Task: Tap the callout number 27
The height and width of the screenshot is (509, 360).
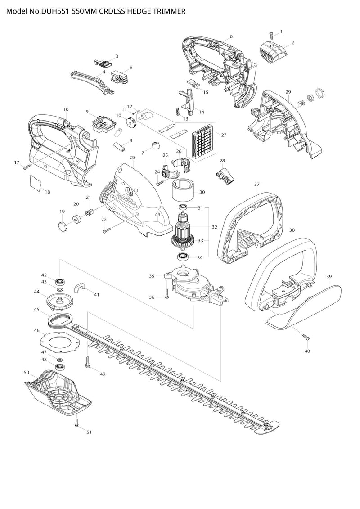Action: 224,135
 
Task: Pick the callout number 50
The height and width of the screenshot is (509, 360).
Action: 27,372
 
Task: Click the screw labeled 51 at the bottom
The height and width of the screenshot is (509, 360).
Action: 76,422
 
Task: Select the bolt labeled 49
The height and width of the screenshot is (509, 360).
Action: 87,362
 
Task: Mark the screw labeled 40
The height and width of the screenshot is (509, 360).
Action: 306,337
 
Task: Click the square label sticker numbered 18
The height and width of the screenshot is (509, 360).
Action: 36,181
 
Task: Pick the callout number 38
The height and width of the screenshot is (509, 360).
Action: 292,230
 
